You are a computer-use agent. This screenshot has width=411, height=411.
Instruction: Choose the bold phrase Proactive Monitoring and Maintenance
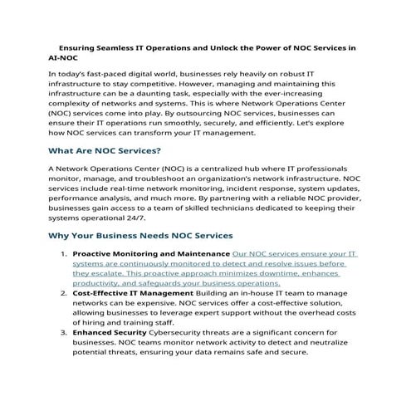pos(152,252)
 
